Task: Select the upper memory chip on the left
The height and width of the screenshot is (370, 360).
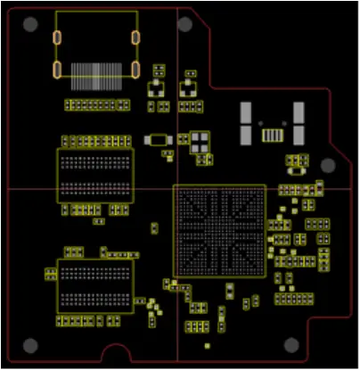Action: click(x=94, y=176)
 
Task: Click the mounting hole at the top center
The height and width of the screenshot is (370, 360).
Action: click(x=188, y=24)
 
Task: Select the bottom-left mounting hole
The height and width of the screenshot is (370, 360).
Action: click(x=31, y=345)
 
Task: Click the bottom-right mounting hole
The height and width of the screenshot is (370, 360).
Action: click(x=290, y=345)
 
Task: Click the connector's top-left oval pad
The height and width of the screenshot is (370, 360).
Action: click(x=57, y=38)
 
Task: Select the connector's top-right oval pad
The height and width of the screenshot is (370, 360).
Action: click(x=135, y=37)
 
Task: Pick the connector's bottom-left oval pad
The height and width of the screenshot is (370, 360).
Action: click(x=57, y=70)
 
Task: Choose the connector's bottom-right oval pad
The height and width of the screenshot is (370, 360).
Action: click(x=135, y=70)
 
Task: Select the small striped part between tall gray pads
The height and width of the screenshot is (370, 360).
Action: click(x=272, y=135)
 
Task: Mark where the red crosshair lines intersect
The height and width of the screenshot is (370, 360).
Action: click(x=177, y=189)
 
